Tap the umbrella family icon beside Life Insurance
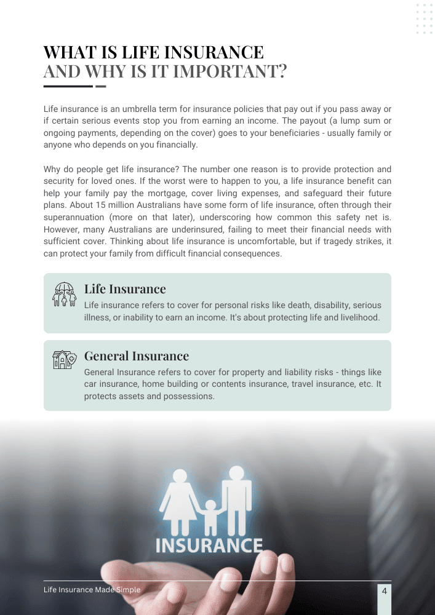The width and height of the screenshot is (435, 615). click(64, 295)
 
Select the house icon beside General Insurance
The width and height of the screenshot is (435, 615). click(64, 360)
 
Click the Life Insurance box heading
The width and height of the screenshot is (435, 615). click(125, 289)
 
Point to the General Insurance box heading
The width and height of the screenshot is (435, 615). click(136, 355)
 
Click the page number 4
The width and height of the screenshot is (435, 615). click(385, 591)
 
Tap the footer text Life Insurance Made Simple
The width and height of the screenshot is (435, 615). click(92, 590)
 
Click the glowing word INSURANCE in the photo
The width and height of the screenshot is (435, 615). click(209, 545)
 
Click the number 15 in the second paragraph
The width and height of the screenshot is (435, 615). click(119, 205)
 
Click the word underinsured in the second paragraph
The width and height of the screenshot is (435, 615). click(185, 229)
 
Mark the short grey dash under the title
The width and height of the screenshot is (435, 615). click(101, 86)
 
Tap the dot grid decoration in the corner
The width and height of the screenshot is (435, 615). click(425, 19)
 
